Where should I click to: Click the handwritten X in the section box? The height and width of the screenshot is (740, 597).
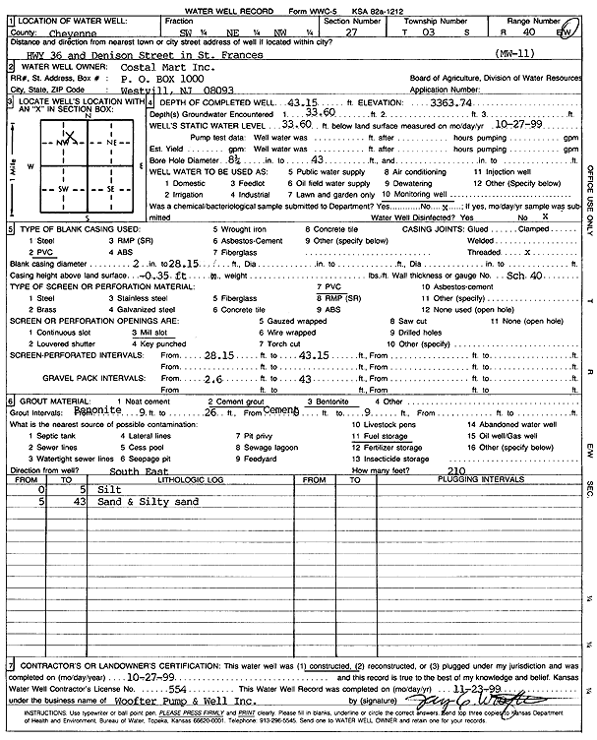pos(70,137)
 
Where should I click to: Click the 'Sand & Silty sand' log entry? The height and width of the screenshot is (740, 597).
pos(148,502)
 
